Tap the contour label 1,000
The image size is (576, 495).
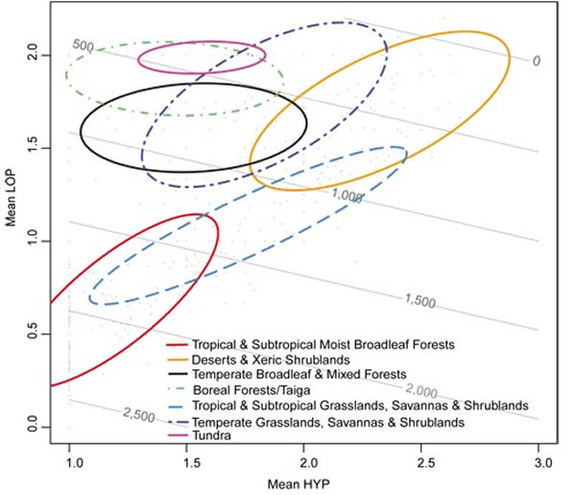click(347, 196)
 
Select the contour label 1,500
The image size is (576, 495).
click(419, 302)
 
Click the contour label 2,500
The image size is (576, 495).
click(138, 413)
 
